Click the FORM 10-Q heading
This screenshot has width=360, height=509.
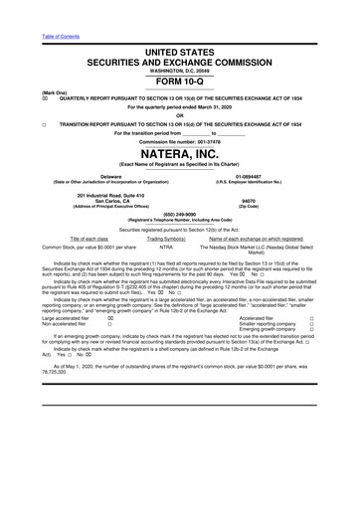pos(179,56)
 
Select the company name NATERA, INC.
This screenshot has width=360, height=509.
pos(179,153)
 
